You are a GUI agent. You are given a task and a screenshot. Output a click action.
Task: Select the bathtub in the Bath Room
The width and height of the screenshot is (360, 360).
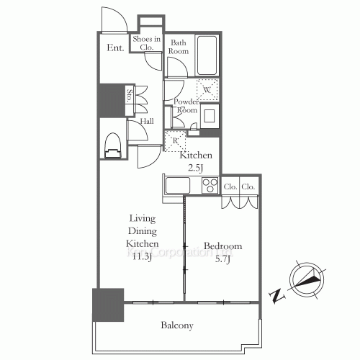tap(207, 53)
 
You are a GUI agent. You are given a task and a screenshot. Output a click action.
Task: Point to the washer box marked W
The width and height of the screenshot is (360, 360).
tap(207, 90)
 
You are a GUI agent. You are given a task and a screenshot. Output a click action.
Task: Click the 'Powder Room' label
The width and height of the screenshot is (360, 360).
tap(186, 107)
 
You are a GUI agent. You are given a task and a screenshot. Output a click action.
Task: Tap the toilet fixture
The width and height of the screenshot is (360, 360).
tap(112, 144)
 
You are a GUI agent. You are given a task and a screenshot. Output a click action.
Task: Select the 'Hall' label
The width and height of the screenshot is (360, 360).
tap(147, 122)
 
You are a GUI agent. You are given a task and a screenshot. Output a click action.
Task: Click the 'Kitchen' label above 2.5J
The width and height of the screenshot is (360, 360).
tap(196, 156)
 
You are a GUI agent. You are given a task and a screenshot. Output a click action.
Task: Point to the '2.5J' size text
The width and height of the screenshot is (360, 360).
tap(196, 167)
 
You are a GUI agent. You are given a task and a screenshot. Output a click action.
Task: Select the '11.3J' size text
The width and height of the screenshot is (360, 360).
tap(142, 256)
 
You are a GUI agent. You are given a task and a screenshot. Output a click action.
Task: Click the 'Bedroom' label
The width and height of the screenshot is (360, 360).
tap(222, 246)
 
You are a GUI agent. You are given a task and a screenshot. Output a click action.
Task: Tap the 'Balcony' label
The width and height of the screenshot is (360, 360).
tap(176, 326)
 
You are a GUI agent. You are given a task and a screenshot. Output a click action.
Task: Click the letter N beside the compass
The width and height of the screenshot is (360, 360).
tap(276, 295)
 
